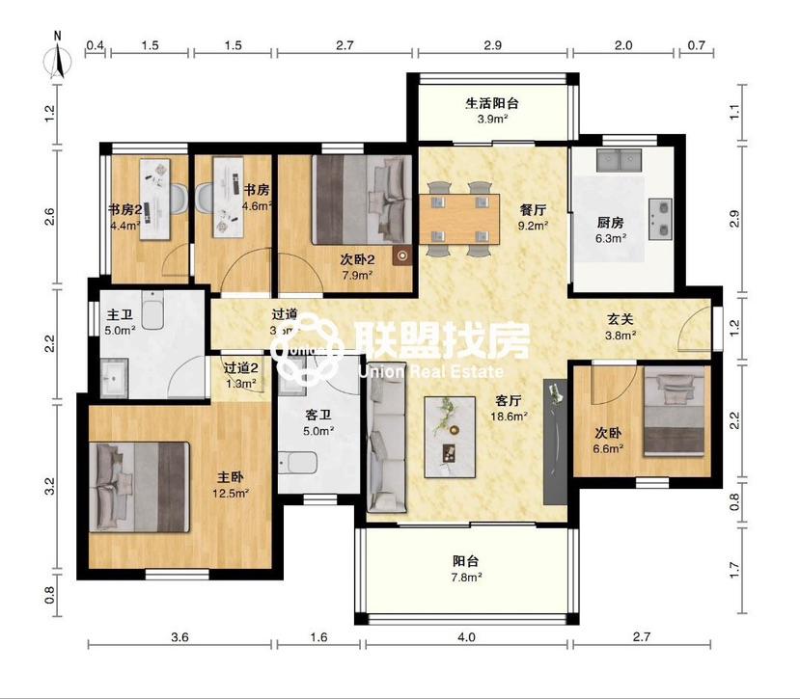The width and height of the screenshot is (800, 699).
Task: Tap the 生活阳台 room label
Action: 492,103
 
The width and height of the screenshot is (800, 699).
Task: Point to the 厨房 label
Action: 610,222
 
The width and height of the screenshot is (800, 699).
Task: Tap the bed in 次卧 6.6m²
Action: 675,415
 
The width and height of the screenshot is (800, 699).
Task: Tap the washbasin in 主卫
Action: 115,377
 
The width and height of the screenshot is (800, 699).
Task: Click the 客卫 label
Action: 318,416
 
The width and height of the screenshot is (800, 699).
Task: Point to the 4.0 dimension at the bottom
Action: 466,637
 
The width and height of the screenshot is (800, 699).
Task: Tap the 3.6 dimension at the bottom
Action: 179,637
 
